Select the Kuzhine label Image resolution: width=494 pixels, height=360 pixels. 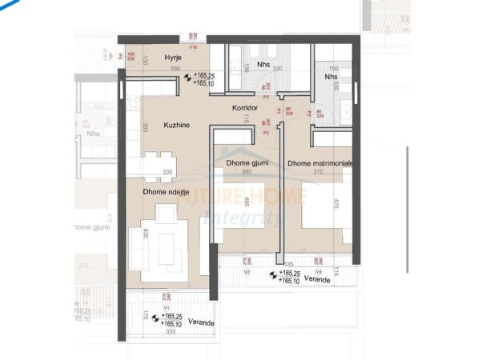click(177, 126)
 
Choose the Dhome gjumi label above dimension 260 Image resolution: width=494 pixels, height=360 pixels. click(247, 163)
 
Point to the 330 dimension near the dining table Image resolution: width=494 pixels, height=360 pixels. click(168, 172)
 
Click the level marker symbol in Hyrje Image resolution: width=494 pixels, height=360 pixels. click(187, 78)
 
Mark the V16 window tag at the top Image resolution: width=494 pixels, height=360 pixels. click(192, 47)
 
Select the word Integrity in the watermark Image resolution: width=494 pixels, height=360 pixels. click(241, 217)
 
